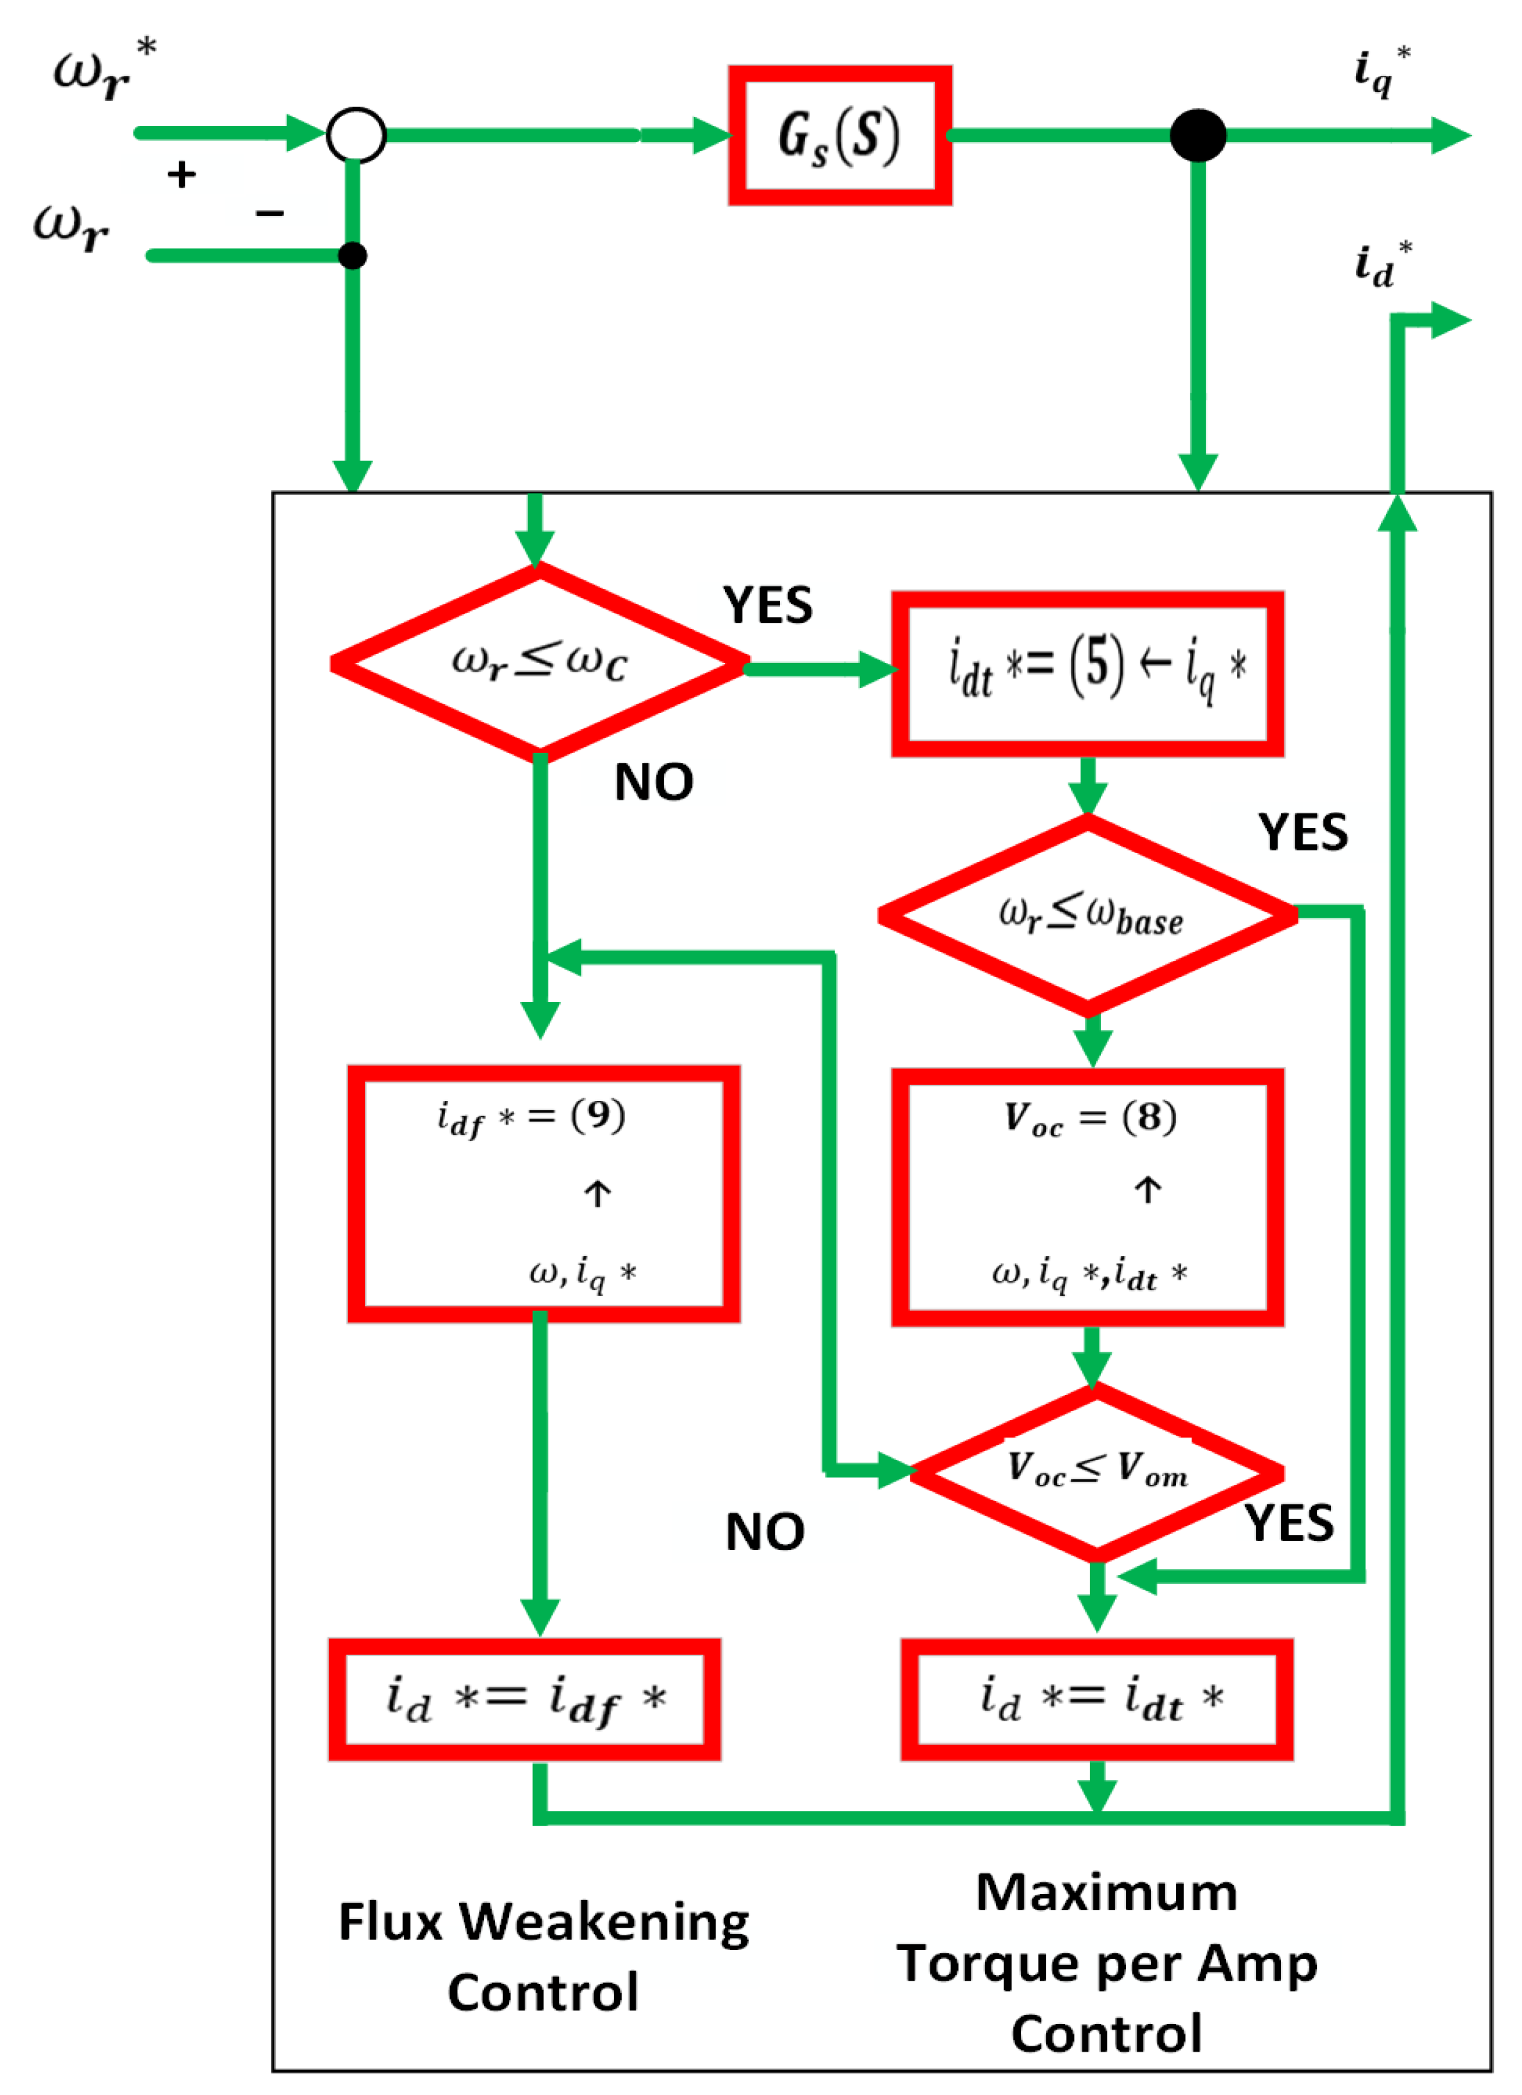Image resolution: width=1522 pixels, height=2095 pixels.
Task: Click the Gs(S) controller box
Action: (x=840, y=136)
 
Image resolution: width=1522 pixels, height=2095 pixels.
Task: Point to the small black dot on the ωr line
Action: (x=352, y=256)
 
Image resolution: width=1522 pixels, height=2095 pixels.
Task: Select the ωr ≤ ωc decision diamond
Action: (x=540, y=662)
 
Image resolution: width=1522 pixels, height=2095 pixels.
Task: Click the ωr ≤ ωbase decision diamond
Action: (x=1088, y=915)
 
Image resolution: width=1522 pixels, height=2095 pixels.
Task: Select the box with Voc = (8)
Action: (x=1087, y=1197)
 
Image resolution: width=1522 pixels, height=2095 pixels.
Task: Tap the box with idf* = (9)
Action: (x=543, y=1194)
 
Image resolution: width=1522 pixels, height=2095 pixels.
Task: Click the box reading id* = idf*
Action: (x=525, y=1700)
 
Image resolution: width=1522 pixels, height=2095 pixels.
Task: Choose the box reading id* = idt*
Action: (x=1096, y=1700)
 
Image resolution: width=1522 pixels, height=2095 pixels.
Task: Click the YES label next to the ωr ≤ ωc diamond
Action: (x=768, y=606)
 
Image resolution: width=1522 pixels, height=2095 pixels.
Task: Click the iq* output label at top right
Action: (x=1380, y=72)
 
